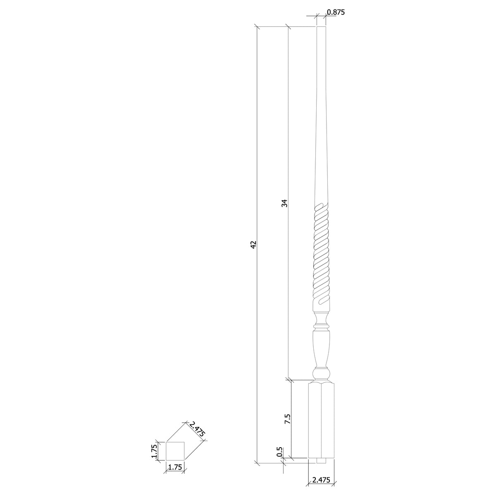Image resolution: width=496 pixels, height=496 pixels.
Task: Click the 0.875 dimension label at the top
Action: point(335,12)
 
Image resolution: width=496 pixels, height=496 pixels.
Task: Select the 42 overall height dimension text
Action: point(253,244)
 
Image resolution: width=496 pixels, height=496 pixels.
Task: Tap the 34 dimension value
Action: point(284,203)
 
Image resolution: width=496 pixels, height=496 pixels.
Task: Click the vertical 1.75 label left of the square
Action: point(154,451)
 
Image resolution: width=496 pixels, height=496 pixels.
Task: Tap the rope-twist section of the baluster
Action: point(321,252)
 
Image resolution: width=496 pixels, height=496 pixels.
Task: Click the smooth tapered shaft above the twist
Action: point(321,124)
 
